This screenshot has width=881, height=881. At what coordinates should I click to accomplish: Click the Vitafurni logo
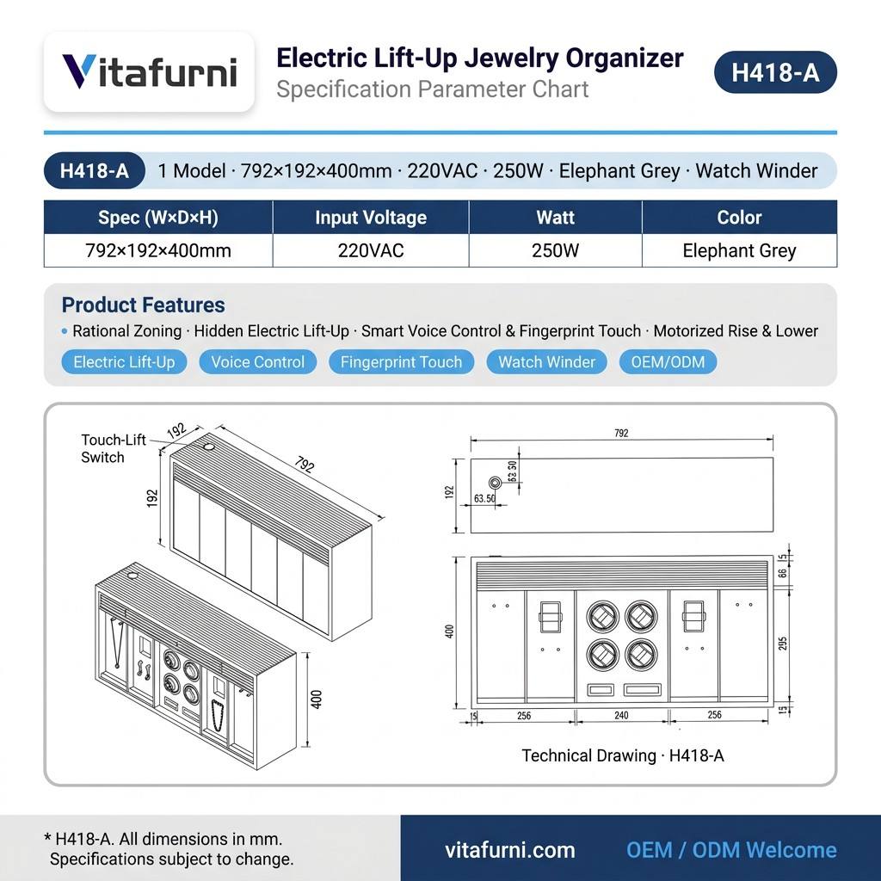(x=149, y=71)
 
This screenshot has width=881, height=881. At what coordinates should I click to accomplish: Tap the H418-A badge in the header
(x=775, y=72)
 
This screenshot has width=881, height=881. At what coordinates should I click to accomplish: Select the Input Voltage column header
(x=371, y=218)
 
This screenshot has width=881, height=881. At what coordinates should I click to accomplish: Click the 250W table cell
(x=555, y=250)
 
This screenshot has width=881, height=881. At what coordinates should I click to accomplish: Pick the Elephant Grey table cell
(x=739, y=250)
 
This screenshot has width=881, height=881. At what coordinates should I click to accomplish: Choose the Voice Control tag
(x=258, y=362)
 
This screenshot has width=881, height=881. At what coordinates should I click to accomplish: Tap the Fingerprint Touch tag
(x=401, y=362)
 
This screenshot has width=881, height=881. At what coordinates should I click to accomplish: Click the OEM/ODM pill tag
(x=668, y=362)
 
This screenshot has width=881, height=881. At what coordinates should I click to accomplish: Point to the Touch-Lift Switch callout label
(x=114, y=448)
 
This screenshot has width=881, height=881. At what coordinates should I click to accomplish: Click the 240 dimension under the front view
(x=621, y=715)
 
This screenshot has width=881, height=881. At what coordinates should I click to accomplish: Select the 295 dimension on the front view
(x=783, y=644)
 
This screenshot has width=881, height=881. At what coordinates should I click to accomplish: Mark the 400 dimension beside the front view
(x=449, y=631)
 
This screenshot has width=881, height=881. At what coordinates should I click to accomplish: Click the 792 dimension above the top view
(x=621, y=434)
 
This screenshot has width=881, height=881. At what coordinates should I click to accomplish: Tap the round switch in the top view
(x=495, y=483)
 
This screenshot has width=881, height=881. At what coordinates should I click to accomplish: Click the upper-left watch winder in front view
(x=602, y=616)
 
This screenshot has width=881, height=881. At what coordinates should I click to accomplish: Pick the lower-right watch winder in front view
(x=641, y=655)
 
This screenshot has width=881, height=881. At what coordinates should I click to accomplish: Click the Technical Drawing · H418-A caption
(x=623, y=755)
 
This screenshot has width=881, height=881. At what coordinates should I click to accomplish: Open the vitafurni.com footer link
(x=510, y=850)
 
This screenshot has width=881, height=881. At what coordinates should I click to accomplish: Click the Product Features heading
(x=144, y=305)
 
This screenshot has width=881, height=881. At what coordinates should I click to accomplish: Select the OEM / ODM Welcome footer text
(x=731, y=850)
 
